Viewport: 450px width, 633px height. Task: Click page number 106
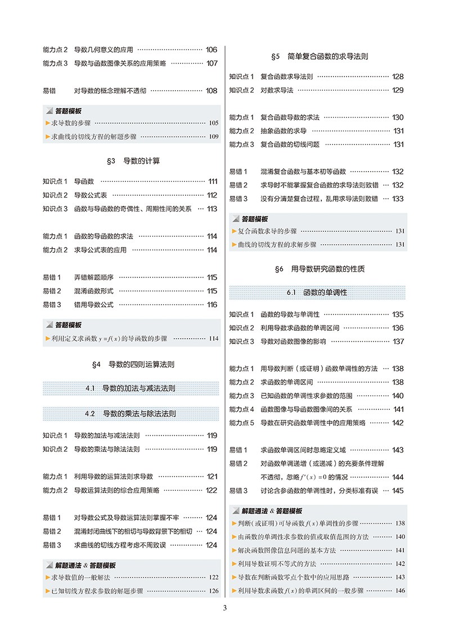tap(211, 50)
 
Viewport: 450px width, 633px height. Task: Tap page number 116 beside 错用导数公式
tap(211, 304)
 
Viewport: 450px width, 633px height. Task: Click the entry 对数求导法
tap(277, 90)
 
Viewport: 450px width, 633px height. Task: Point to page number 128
tap(398, 77)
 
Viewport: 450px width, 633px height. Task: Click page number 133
tap(398, 199)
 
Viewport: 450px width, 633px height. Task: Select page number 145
tap(398, 491)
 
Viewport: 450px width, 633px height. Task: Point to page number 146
tap(400, 591)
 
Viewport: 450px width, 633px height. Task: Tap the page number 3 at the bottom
tap(224, 608)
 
